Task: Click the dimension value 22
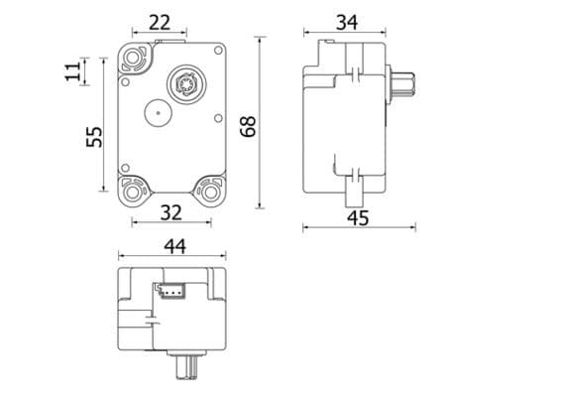click(159, 21)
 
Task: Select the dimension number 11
click(72, 71)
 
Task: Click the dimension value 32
click(170, 212)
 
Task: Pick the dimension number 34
click(346, 21)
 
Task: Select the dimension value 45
click(358, 217)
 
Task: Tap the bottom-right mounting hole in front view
click(210, 190)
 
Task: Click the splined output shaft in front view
click(184, 83)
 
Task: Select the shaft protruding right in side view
click(401, 85)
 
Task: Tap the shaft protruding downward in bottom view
click(184, 368)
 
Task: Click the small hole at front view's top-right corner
click(218, 50)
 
